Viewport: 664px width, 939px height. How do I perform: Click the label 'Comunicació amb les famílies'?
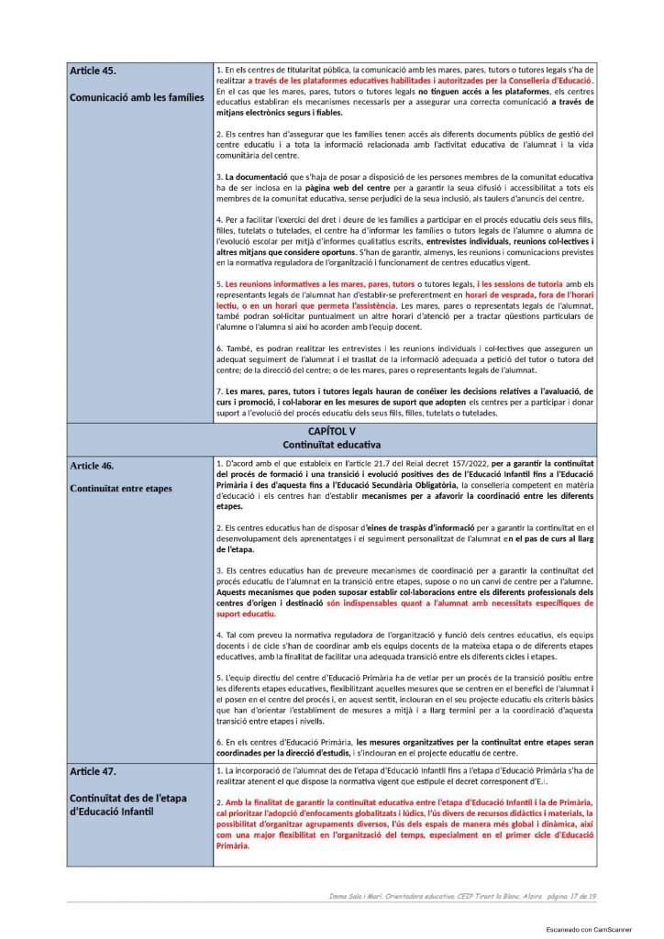pos(137,96)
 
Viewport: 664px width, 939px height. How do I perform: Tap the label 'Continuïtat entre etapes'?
pos(120,488)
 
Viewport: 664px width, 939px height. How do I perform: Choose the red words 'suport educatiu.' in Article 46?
pos(247,613)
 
